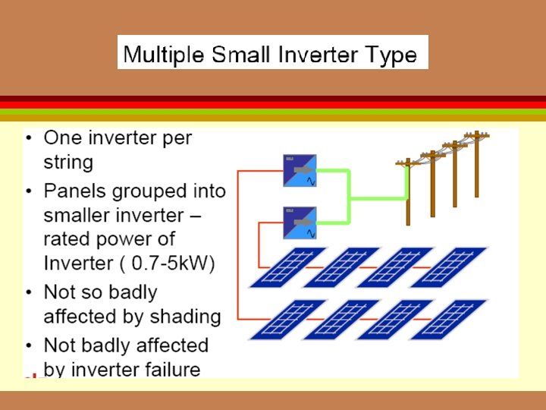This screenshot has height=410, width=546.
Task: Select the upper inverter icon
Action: click(300, 171)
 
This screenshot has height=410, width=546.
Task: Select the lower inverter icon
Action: click(300, 222)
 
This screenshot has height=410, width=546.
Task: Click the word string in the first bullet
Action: click(68, 162)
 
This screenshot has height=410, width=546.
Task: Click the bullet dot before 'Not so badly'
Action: click(29, 293)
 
